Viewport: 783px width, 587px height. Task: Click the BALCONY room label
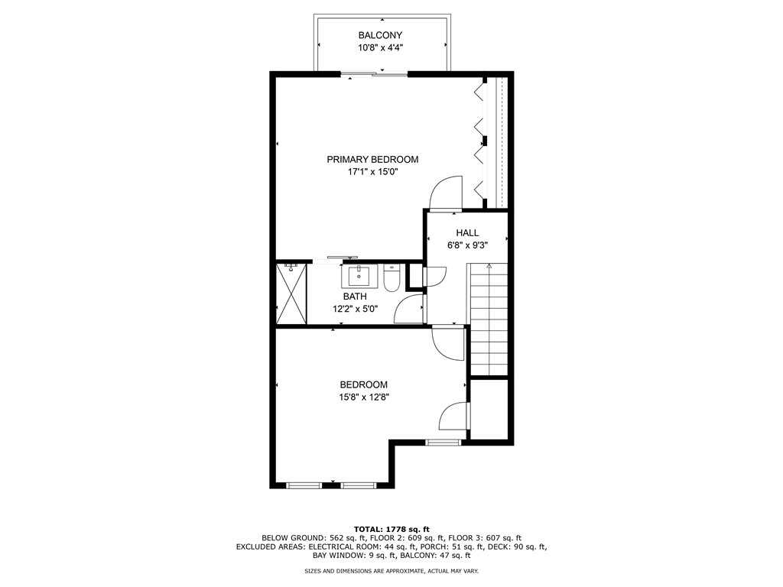tap(380, 35)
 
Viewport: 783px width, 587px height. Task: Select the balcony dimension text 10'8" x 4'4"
tap(380, 47)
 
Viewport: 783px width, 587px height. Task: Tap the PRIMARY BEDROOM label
tap(372, 159)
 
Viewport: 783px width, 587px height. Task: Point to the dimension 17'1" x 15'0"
tap(372, 172)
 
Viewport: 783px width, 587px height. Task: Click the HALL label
tap(467, 232)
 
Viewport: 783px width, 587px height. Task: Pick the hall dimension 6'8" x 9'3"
tap(467, 245)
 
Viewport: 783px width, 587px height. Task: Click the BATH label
tap(354, 297)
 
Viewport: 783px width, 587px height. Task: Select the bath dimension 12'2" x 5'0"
tap(354, 309)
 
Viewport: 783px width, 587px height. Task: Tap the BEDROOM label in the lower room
tap(363, 384)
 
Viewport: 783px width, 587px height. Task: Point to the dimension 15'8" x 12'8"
tap(363, 397)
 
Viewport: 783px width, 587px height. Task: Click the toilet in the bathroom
tap(391, 278)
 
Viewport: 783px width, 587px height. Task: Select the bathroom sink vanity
tap(359, 275)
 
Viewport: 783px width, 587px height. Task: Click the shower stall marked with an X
tap(291, 294)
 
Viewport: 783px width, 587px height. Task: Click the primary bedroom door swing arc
tap(447, 193)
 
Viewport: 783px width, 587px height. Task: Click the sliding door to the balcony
tap(374, 74)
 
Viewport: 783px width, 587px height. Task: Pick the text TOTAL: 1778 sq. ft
tap(391, 529)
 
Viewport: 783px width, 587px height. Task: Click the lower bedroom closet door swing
tap(454, 417)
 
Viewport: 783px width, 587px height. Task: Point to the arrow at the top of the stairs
tap(489, 267)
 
